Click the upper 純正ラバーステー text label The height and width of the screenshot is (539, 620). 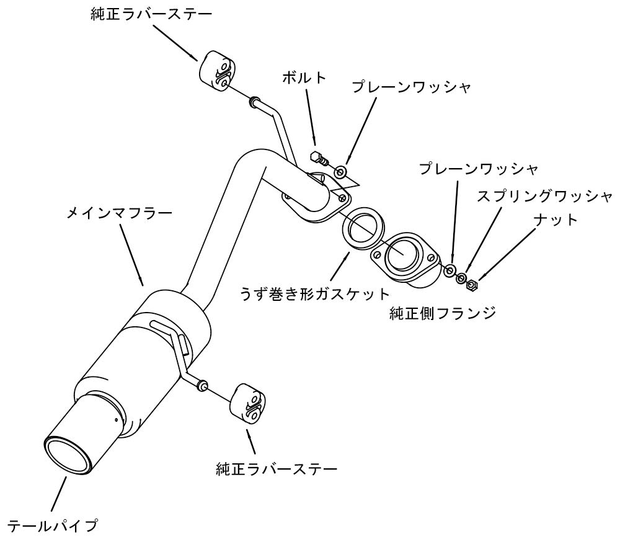coord(151,14)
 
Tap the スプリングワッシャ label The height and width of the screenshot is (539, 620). coord(545,197)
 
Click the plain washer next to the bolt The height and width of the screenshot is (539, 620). coord(341,170)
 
